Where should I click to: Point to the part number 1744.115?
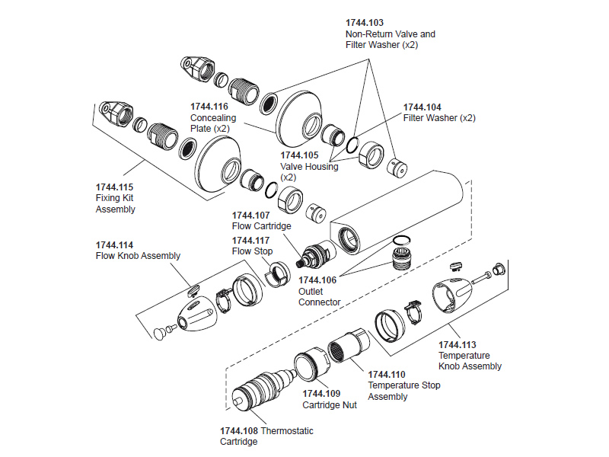tap(114, 187)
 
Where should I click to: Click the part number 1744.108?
tap(240, 431)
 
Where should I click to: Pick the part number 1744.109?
tap(324, 394)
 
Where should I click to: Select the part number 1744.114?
tap(114, 245)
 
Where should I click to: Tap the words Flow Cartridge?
tap(262, 226)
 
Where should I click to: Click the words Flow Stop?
tap(252, 251)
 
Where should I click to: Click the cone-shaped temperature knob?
tap(454, 295)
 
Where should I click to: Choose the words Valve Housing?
tap(309, 167)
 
